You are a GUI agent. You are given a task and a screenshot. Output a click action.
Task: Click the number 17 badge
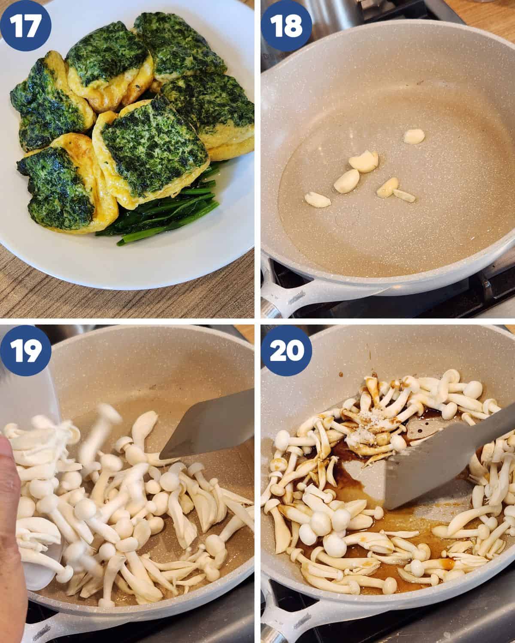25,25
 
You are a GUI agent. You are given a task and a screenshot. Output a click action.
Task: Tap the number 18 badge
286,25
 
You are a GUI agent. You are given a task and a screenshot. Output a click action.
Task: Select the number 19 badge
25,350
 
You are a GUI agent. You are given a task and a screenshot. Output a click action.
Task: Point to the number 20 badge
286,350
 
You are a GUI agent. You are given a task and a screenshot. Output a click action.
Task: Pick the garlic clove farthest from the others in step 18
414,136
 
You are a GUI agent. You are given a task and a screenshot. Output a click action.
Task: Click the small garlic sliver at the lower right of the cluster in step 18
404,195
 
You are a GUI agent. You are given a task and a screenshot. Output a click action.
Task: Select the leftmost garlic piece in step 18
318,200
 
